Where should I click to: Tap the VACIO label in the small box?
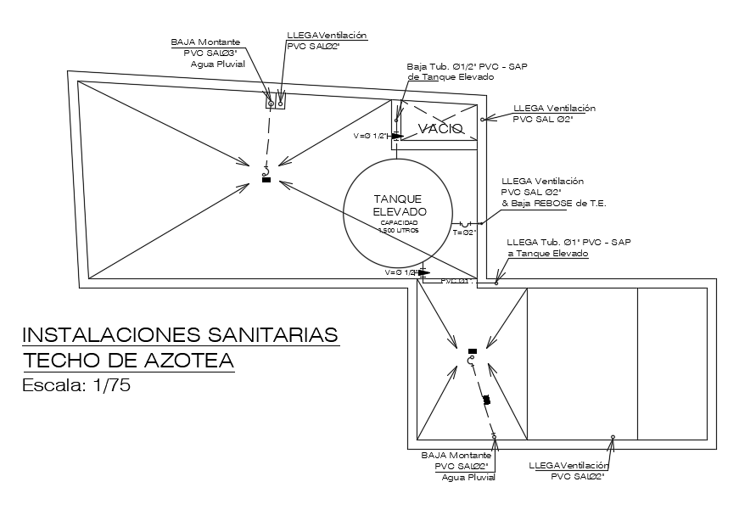tap(440, 129)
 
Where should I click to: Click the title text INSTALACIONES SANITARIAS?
tap(180, 333)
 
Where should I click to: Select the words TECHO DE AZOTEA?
tap(127, 360)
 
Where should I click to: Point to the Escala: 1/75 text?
tap(76, 384)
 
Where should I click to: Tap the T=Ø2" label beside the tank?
tap(464, 232)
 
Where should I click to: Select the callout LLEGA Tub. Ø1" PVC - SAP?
tap(568, 242)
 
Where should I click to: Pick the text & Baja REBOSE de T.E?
tap(554, 204)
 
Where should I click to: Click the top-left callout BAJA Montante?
tap(205, 42)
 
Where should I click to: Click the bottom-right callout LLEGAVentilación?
tap(568, 466)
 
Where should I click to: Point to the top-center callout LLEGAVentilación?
tap(327, 35)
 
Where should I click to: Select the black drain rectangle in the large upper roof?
tap(266, 180)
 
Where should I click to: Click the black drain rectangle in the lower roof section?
tap(473, 350)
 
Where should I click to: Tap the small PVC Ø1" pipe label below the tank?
tap(456, 281)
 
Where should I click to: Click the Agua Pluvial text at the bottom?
tap(467, 477)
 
